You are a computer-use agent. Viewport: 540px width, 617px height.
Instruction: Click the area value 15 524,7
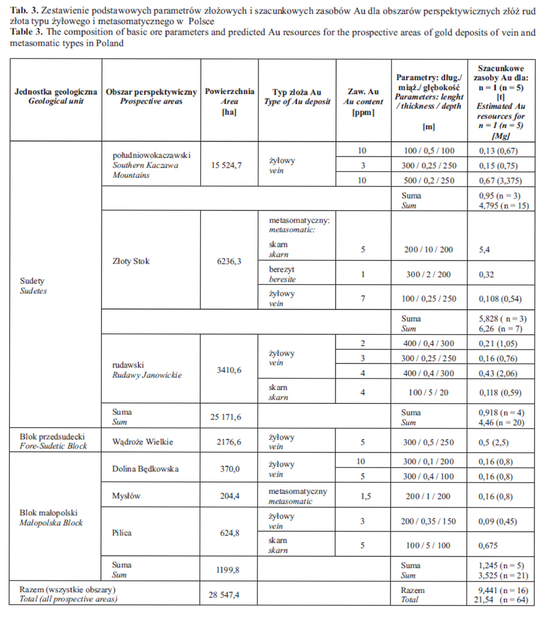pos(229,166)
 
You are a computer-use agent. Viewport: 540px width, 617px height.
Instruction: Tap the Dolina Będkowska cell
pos(145,469)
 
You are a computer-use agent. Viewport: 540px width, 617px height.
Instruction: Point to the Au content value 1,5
pos(362,496)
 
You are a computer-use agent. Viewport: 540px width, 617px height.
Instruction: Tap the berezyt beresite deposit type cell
pos(282,274)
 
